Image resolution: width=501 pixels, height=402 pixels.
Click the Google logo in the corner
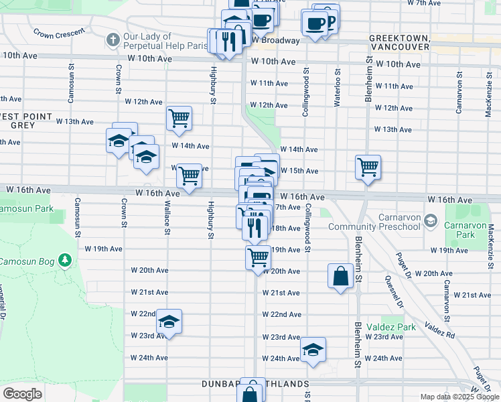(22, 394)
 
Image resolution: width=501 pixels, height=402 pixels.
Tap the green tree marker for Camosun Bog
(64, 259)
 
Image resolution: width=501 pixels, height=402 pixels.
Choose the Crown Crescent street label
(60, 32)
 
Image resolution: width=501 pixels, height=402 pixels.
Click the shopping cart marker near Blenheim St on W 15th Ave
(368, 167)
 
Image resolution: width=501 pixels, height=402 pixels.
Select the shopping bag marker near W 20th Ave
(340, 275)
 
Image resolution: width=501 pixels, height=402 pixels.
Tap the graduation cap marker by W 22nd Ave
(169, 322)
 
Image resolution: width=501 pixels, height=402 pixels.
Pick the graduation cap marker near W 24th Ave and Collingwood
(313, 350)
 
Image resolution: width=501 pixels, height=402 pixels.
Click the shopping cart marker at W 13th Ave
(179, 119)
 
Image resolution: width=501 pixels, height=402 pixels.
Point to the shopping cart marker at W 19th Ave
(259, 257)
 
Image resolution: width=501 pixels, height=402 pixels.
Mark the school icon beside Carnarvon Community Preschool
(431, 220)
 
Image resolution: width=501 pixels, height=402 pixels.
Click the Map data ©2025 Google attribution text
(458, 397)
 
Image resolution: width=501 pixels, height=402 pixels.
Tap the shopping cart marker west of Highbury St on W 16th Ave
(189, 176)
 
